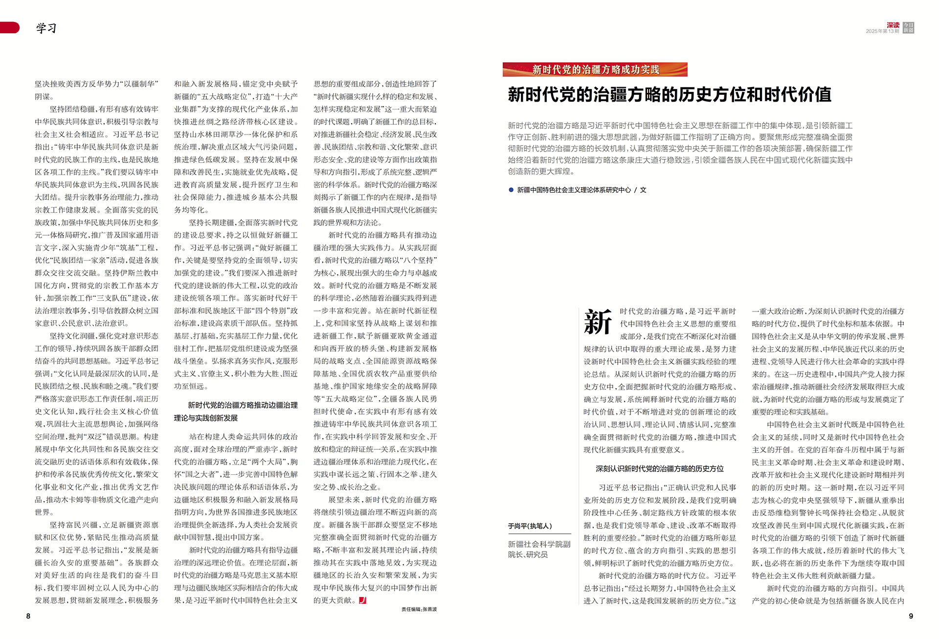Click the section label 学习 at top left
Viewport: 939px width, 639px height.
(x=46, y=28)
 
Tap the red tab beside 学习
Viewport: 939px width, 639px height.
(x=10, y=27)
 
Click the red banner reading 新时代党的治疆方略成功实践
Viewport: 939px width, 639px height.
(x=595, y=69)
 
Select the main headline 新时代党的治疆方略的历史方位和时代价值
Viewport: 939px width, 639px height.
(x=670, y=94)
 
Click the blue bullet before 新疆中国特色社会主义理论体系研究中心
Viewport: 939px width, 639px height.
(x=511, y=190)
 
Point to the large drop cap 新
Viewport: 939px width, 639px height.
(x=598, y=322)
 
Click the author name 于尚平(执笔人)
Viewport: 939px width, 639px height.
(x=530, y=526)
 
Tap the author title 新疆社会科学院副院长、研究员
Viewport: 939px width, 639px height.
(x=539, y=549)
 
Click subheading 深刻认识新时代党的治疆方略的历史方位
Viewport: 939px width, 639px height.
(x=659, y=468)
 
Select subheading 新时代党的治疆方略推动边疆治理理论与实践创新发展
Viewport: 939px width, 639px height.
(x=236, y=411)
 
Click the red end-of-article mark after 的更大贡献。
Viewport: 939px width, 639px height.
(x=362, y=600)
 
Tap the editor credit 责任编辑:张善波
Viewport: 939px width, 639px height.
(x=419, y=609)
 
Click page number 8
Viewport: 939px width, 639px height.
(x=28, y=616)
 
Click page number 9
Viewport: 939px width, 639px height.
(x=911, y=616)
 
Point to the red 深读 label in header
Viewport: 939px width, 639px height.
(x=893, y=25)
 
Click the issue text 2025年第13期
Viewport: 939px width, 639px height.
(x=882, y=31)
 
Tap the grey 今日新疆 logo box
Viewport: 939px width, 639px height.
(x=908, y=27)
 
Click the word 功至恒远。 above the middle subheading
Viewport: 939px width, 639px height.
(x=191, y=386)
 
